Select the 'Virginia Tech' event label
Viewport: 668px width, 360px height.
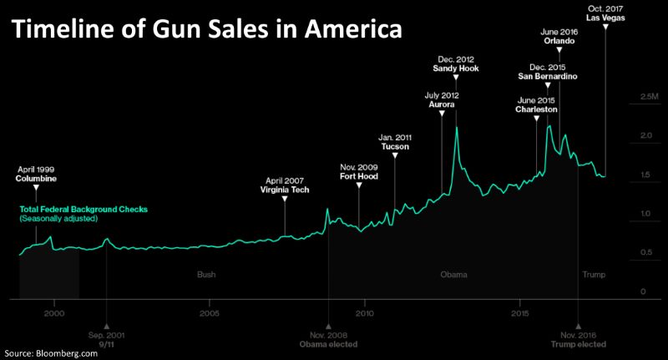285,189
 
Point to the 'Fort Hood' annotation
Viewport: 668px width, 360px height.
359,176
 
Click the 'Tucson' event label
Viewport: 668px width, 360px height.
394,146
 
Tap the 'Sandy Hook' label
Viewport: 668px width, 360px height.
458,69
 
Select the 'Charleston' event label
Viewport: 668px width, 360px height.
537,109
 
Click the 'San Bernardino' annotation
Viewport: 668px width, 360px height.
548,77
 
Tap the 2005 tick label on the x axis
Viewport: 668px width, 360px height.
209,312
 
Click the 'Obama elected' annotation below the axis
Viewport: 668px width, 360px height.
328,344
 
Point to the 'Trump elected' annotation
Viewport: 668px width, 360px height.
578,344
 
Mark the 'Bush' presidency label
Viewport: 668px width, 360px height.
205,274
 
